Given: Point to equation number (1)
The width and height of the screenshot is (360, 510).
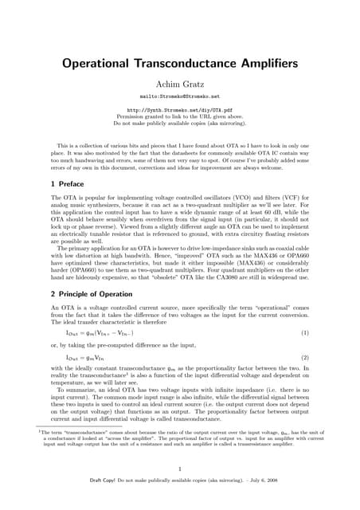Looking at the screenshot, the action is point(305,331).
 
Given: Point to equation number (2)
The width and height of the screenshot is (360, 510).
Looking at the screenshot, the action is point(305,358).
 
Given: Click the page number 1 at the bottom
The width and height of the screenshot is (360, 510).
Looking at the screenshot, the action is point(180,469).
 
